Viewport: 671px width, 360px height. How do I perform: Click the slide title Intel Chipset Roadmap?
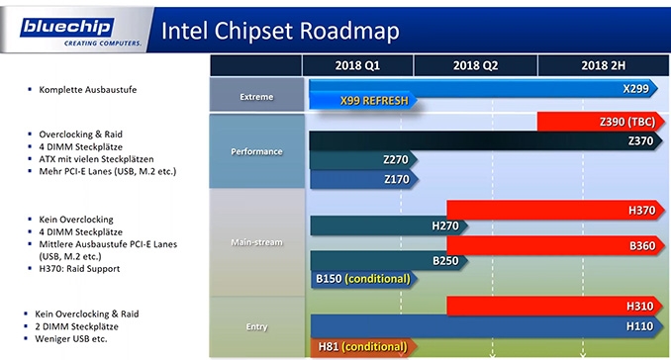point(280,31)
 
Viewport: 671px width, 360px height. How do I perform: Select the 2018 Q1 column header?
point(357,65)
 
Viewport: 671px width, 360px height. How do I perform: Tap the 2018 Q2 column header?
point(475,65)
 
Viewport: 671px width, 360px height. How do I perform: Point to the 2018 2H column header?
point(603,65)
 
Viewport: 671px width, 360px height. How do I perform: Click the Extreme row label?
point(256,97)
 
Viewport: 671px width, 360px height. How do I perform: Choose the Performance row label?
point(256,151)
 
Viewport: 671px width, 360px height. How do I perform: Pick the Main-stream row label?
point(256,242)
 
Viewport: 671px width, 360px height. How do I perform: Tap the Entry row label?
point(256,326)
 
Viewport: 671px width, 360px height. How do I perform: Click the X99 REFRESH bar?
point(363,101)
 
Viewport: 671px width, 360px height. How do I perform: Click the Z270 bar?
point(363,160)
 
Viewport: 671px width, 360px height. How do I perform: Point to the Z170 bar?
point(364,179)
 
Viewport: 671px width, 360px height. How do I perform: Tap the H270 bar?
point(389,225)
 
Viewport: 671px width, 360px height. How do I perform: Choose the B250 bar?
point(389,261)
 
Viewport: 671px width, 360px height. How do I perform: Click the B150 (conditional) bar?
point(364,279)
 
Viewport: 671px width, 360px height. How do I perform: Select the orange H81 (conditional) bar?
point(364,347)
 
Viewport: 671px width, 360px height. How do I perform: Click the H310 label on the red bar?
point(639,307)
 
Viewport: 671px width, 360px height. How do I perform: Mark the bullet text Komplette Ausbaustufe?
point(88,90)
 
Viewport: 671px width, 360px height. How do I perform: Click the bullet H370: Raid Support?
point(79,269)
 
